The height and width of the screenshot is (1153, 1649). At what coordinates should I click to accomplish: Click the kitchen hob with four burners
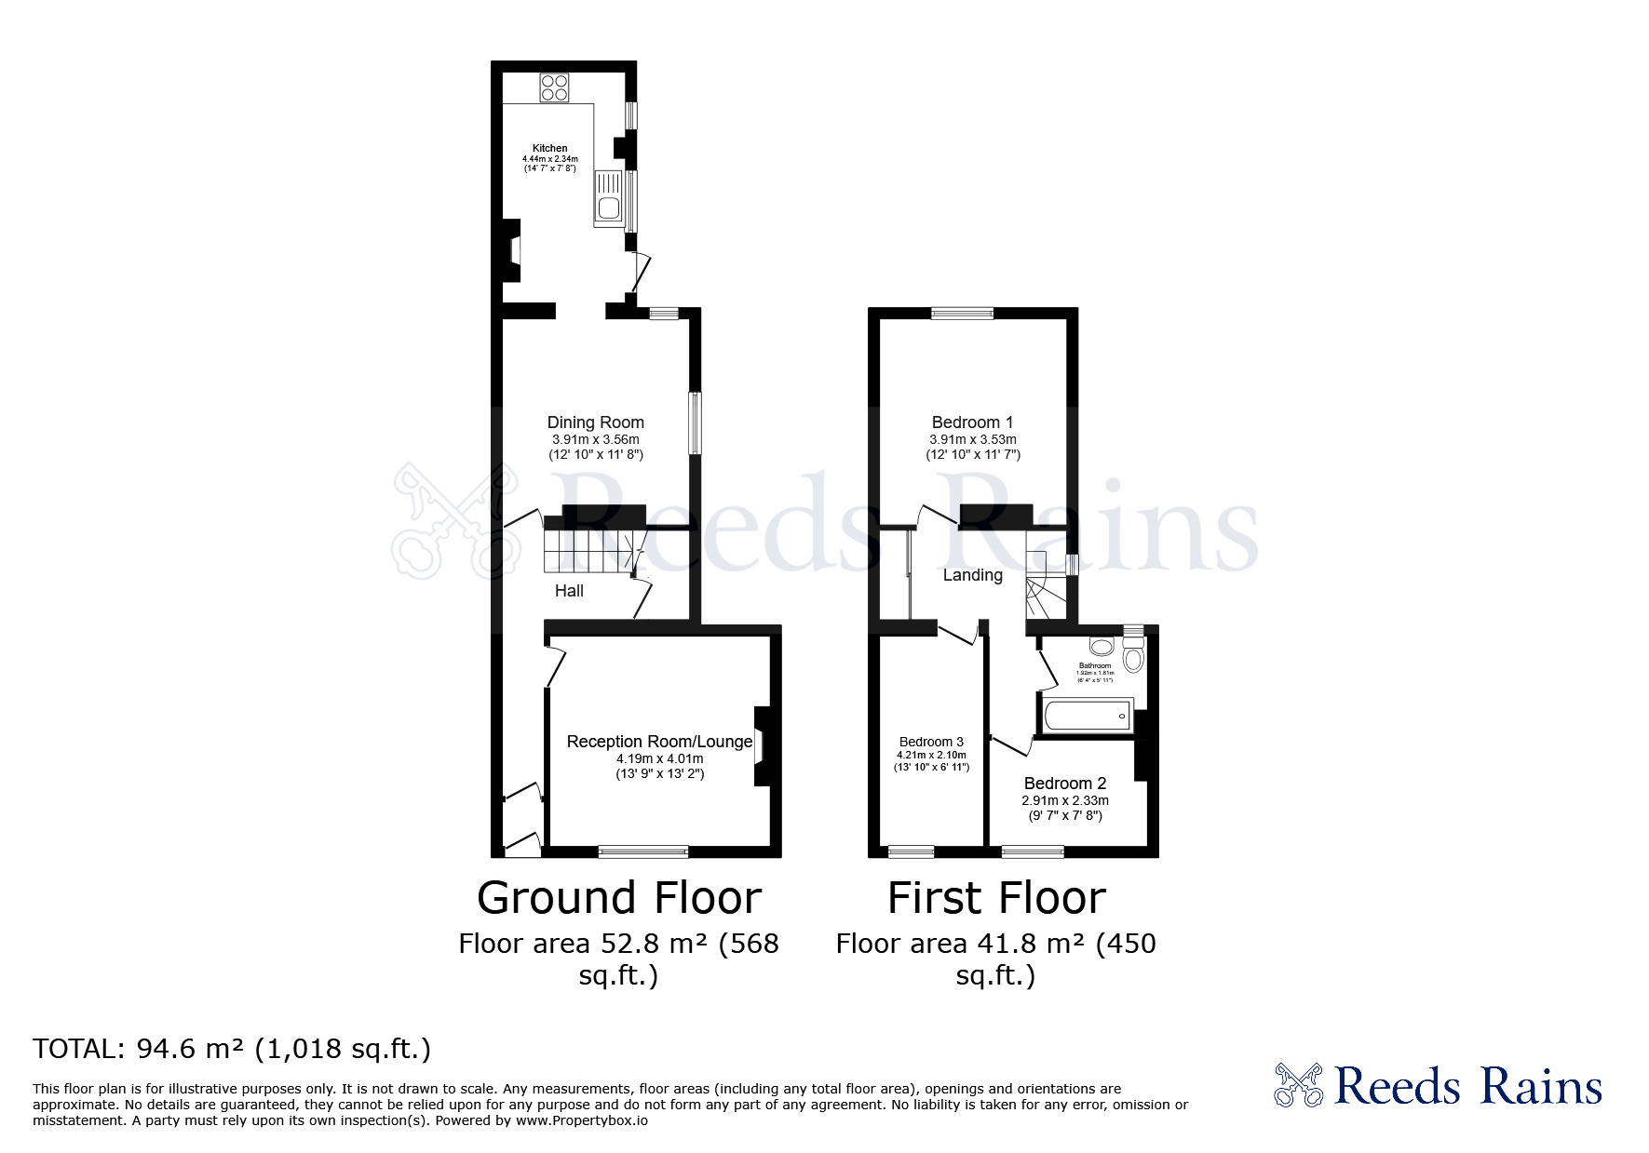click(x=554, y=87)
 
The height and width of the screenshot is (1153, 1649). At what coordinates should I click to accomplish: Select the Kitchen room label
click(x=549, y=148)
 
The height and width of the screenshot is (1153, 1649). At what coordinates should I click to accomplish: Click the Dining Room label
click(x=595, y=422)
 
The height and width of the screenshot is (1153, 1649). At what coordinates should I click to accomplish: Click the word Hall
click(x=569, y=591)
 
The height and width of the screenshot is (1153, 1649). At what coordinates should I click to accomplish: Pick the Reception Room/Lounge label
click(x=659, y=742)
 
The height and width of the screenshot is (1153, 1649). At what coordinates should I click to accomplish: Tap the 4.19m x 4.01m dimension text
click(x=659, y=758)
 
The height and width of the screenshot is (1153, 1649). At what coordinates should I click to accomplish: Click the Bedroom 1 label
click(x=972, y=422)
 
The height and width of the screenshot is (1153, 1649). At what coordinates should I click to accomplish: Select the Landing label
click(x=972, y=575)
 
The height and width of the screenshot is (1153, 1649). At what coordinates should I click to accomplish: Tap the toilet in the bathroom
click(x=1133, y=659)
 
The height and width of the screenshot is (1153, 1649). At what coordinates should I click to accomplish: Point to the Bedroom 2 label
click(x=1064, y=784)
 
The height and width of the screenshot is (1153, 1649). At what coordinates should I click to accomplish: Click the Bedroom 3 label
click(x=931, y=742)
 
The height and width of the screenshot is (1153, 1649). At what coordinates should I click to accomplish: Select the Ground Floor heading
click(x=619, y=898)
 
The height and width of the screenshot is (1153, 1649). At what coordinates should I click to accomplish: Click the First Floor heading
click(x=996, y=898)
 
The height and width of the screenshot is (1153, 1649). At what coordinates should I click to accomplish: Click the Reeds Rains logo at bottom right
click(x=1438, y=1086)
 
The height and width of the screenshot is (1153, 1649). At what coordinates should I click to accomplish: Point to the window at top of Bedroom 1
click(x=963, y=314)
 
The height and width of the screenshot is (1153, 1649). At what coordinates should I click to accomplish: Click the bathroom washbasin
click(x=1101, y=647)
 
